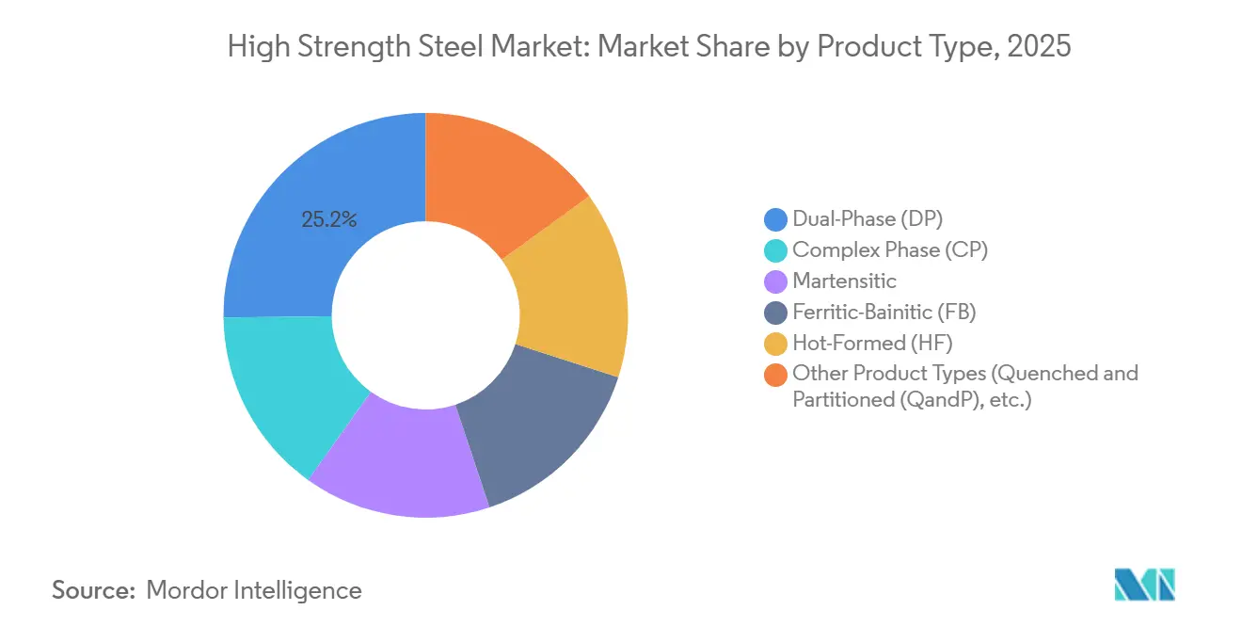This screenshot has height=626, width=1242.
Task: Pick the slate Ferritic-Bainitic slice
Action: click(536, 433)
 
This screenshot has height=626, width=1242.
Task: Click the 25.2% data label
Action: click(329, 220)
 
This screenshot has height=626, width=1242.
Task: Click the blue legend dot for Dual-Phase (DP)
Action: click(775, 220)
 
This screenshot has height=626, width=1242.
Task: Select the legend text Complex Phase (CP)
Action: click(890, 249)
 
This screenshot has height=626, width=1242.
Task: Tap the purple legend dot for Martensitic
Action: click(775, 281)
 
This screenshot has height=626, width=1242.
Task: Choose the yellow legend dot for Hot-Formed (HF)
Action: click(775, 343)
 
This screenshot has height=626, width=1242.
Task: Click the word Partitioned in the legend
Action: click(841, 399)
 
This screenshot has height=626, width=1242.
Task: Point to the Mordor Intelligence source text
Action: click(254, 590)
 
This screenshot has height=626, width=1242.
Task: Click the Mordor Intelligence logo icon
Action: click(1144, 585)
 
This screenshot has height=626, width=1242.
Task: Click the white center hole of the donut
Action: click(425, 315)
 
